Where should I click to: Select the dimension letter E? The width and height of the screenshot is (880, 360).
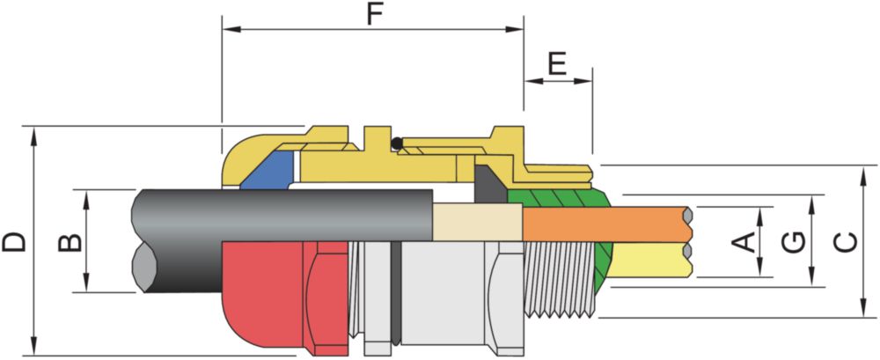coord(557,64)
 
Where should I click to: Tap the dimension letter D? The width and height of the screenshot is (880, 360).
coord(14,242)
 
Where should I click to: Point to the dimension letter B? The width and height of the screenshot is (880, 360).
coord(70,242)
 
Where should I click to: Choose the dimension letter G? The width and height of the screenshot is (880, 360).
coord(794,243)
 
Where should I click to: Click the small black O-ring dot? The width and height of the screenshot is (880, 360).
coord(397,143)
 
